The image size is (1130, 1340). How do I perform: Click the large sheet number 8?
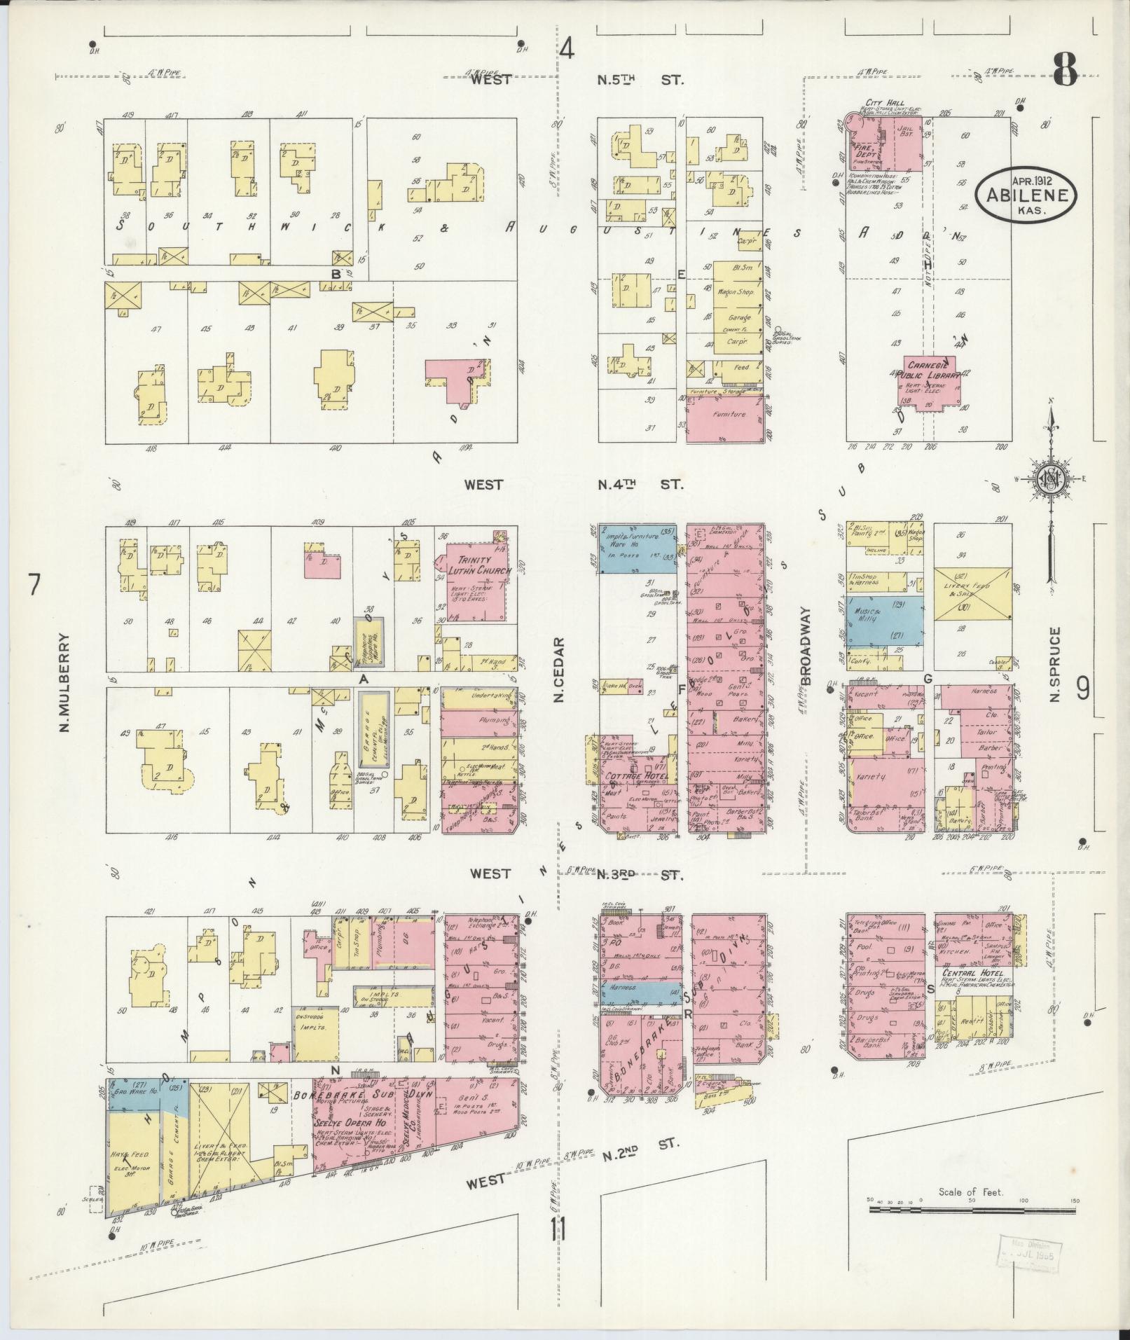pyautogui.click(x=1063, y=70)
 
